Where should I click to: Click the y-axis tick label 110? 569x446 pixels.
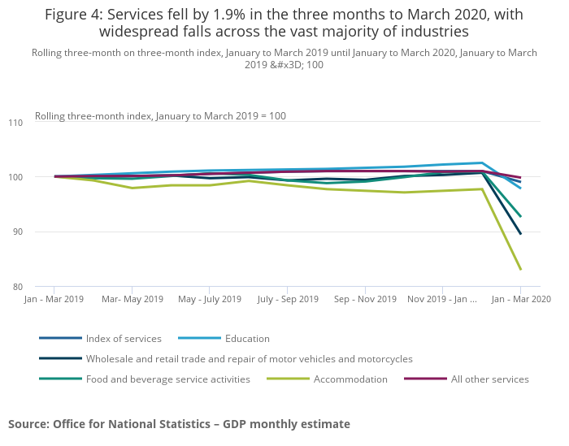point(16,122)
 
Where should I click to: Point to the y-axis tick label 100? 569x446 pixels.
point(16,177)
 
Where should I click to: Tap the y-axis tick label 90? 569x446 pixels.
point(18,232)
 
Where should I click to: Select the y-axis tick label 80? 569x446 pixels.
point(18,287)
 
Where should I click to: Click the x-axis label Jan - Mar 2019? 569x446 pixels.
point(54,299)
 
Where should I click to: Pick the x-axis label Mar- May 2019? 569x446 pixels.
point(132,299)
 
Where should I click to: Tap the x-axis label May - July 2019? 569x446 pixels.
point(209,299)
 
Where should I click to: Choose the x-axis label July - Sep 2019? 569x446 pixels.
point(287,299)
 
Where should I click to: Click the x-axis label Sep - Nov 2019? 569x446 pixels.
point(365,299)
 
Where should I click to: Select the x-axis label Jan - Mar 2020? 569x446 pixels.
point(520,299)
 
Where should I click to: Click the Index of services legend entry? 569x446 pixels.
point(124,338)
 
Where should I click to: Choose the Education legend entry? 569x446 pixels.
point(247,338)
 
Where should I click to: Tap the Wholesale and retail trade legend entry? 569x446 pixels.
point(249,358)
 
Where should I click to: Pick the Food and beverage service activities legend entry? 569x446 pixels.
point(167,379)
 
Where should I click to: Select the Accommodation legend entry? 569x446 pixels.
point(350,379)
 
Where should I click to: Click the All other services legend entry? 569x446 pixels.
point(489,379)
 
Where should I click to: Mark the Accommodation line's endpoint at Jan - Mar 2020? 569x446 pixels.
point(520,269)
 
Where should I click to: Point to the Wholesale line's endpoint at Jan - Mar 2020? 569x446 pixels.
point(520,234)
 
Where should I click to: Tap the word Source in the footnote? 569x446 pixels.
point(28,423)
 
